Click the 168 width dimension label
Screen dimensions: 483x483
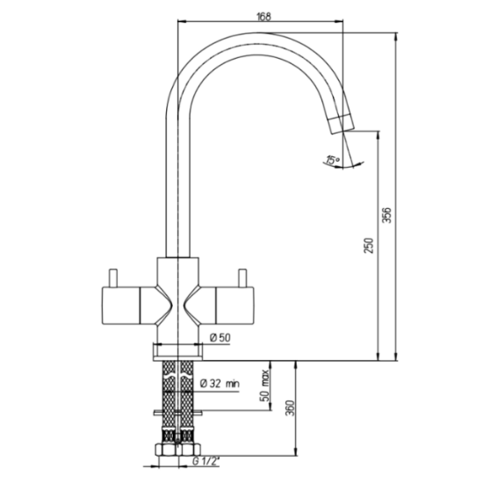264,17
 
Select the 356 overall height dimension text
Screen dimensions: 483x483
386,215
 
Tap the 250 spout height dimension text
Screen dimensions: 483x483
369,246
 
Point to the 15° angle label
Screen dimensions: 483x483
333,160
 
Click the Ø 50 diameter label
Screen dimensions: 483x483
220,338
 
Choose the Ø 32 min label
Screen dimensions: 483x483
220,384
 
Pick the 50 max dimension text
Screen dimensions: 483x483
264,386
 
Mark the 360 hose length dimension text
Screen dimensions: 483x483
290,408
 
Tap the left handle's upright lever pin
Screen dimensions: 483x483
113,278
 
